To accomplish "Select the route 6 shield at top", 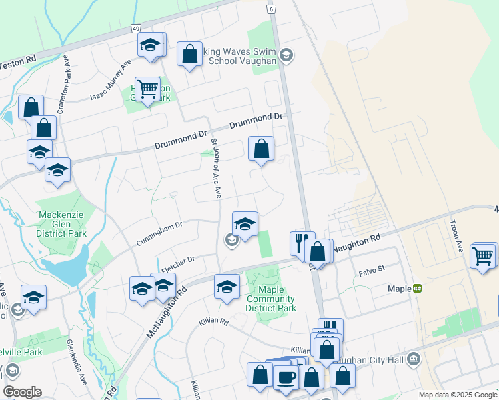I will tap(271, 9).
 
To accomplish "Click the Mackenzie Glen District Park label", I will tap(63, 224).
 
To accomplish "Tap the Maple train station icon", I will tap(417, 289).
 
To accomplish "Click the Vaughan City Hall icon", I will tap(414, 361).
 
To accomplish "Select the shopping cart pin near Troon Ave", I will tap(482, 255).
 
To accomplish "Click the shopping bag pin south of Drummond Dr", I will tap(262, 149).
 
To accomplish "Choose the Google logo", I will tap(22, 391).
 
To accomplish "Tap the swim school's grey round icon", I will tap(286, 55).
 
